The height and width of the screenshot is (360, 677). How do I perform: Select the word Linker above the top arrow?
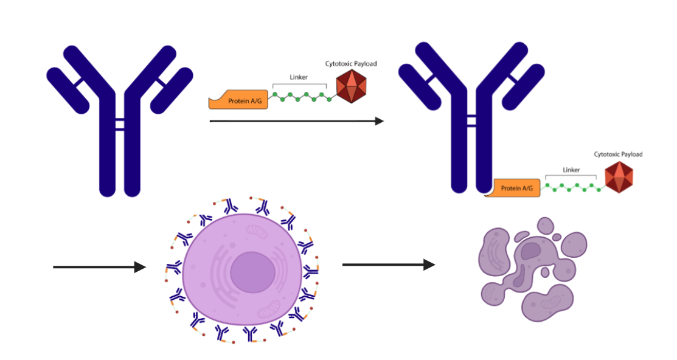299,77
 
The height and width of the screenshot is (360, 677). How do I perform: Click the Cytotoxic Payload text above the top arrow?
351,63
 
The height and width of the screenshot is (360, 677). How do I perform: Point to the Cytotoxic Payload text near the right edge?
618,154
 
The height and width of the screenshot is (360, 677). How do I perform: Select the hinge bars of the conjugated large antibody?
471,119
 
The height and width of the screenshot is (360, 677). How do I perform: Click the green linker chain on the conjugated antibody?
572,187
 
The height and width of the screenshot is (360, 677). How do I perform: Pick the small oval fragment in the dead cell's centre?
544,272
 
